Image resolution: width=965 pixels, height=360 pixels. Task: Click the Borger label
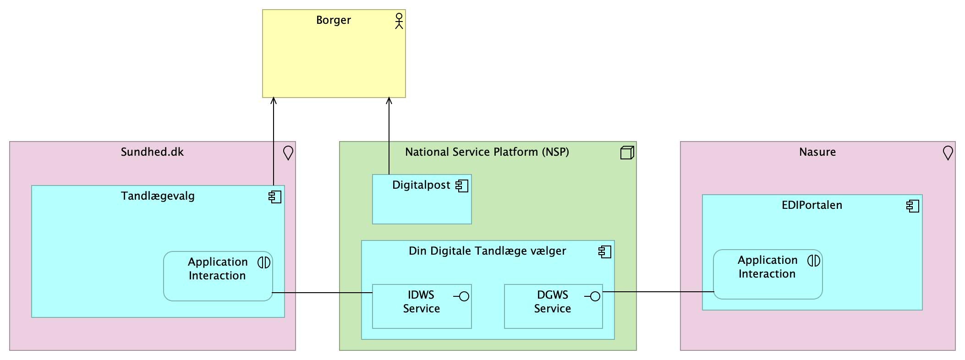[x=333, y=20]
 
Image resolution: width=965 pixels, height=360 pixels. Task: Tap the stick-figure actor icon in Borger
[x=399, y=21]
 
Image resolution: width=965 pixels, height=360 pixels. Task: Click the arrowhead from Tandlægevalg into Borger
[x=274, y=101]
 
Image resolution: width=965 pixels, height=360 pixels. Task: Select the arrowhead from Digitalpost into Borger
[x=389, y=101]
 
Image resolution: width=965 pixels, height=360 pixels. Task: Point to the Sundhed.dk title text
[x=152, y=152]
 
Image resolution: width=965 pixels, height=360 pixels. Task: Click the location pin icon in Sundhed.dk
[x=288, y=153]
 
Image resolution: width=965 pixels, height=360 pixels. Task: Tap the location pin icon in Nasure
[x=948, y=153]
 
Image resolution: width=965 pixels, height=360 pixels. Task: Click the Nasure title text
[x=817, y=152]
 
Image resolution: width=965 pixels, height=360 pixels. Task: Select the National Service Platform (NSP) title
[x=487, y=152]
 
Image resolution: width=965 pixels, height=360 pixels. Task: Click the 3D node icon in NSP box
[x=627, y=153]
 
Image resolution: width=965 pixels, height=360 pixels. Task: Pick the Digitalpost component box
[x=422, y=206]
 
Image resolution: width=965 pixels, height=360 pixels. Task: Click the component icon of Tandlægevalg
[x=275, y=197]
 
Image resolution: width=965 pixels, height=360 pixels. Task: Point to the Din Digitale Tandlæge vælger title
[x=487, y=251]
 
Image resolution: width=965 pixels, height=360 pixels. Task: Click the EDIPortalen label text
[x=811, y=205]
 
